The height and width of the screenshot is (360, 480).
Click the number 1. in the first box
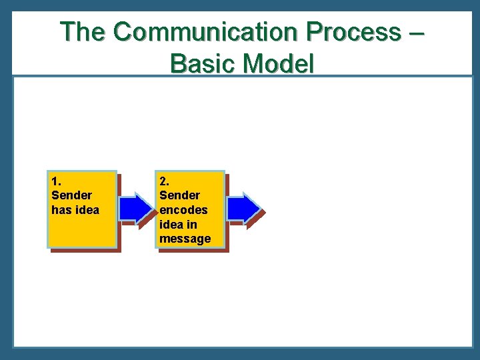pos(56,181)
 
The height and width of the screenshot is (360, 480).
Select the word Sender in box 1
pos(71,195)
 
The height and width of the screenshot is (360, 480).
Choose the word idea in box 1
pos(87,210)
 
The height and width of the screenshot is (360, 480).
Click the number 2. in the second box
pos(164,181)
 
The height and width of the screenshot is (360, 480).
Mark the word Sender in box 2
pos(179,195)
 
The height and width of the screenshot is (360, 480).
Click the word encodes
pos(183,210)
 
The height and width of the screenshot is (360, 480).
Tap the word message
pos(185,239)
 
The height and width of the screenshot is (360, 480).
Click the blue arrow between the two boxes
pos(136,209)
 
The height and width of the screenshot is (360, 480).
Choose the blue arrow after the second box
pos(244,209)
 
